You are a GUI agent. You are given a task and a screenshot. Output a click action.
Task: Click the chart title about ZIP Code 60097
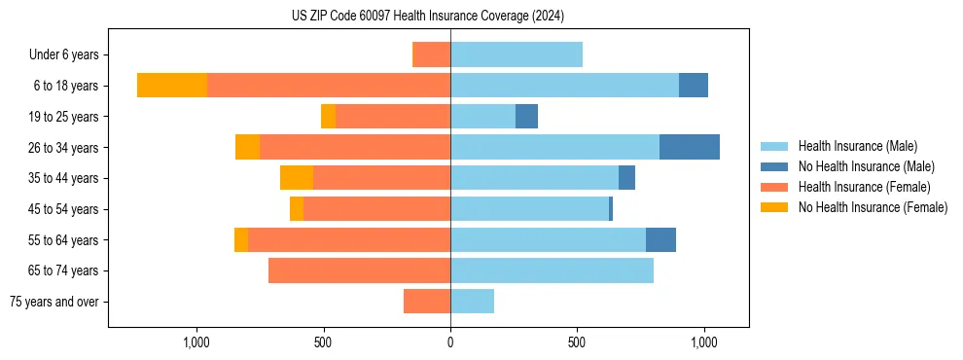point(427,16)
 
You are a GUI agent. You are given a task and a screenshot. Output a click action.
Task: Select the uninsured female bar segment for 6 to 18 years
point(172,86)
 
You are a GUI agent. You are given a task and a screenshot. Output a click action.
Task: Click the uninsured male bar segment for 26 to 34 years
point(689,147)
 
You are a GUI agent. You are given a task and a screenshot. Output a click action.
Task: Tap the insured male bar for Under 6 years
point(517,54)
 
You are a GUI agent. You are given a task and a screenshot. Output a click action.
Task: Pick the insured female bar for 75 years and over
point(427,302)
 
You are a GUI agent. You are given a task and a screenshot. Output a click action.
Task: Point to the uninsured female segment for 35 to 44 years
point(297,178)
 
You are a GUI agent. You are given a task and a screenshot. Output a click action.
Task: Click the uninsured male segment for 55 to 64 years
point(660,239)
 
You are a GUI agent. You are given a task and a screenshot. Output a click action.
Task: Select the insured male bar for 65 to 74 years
point(552,270)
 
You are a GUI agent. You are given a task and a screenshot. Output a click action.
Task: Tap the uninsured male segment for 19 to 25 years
point(526,117)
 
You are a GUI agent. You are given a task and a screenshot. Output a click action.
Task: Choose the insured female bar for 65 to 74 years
point(359,270)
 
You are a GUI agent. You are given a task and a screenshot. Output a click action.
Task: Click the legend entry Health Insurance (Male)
point(857,146)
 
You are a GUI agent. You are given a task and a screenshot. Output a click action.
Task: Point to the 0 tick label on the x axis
point(450,342)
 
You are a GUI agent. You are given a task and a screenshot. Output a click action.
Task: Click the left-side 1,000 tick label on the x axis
point(196,342)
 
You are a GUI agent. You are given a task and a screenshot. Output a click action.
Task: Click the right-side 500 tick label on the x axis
point(577,342)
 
